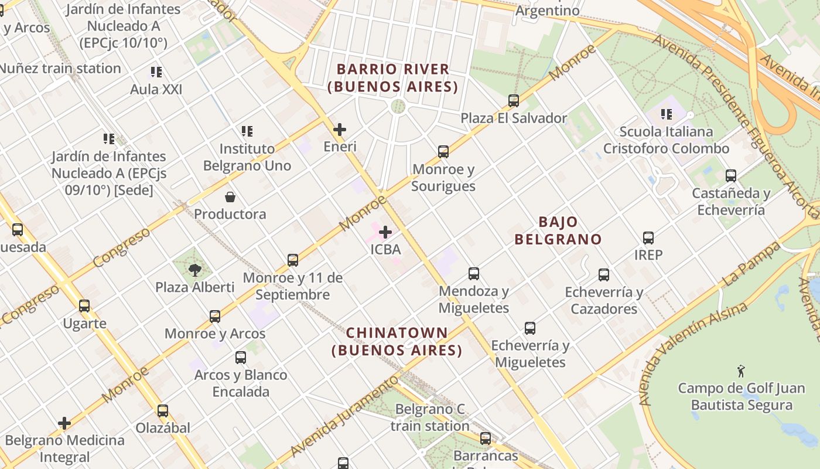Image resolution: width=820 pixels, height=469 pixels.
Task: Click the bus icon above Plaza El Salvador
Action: (514, 101)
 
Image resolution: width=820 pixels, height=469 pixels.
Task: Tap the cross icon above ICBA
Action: (385, 232)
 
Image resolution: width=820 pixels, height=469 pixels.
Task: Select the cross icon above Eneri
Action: (340, 130)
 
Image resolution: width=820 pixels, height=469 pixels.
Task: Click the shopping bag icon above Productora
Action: (230, 197)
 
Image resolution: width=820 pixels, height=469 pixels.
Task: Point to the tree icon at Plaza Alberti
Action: (195, 270)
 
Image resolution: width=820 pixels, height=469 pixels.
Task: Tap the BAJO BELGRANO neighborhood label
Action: (558, 230)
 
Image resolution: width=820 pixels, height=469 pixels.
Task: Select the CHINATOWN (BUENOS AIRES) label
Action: (397, 342)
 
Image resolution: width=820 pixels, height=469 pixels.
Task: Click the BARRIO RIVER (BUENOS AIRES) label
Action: (392, 78)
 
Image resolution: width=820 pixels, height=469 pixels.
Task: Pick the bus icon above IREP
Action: (648, 238)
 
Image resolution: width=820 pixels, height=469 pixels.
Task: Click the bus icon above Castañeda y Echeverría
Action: (731, 176)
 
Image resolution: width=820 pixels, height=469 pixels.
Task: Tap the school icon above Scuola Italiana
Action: (666, 114)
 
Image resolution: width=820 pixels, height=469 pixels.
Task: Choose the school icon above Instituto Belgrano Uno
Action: (247, 131)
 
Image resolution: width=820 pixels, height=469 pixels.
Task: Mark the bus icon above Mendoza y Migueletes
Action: (474, 274)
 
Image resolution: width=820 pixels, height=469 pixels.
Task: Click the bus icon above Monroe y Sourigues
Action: (443, 152)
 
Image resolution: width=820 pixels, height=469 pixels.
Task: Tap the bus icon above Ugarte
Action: (84, 306)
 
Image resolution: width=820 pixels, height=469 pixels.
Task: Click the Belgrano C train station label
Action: (430, 417)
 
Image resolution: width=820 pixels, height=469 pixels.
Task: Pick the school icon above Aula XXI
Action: (156, 72)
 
